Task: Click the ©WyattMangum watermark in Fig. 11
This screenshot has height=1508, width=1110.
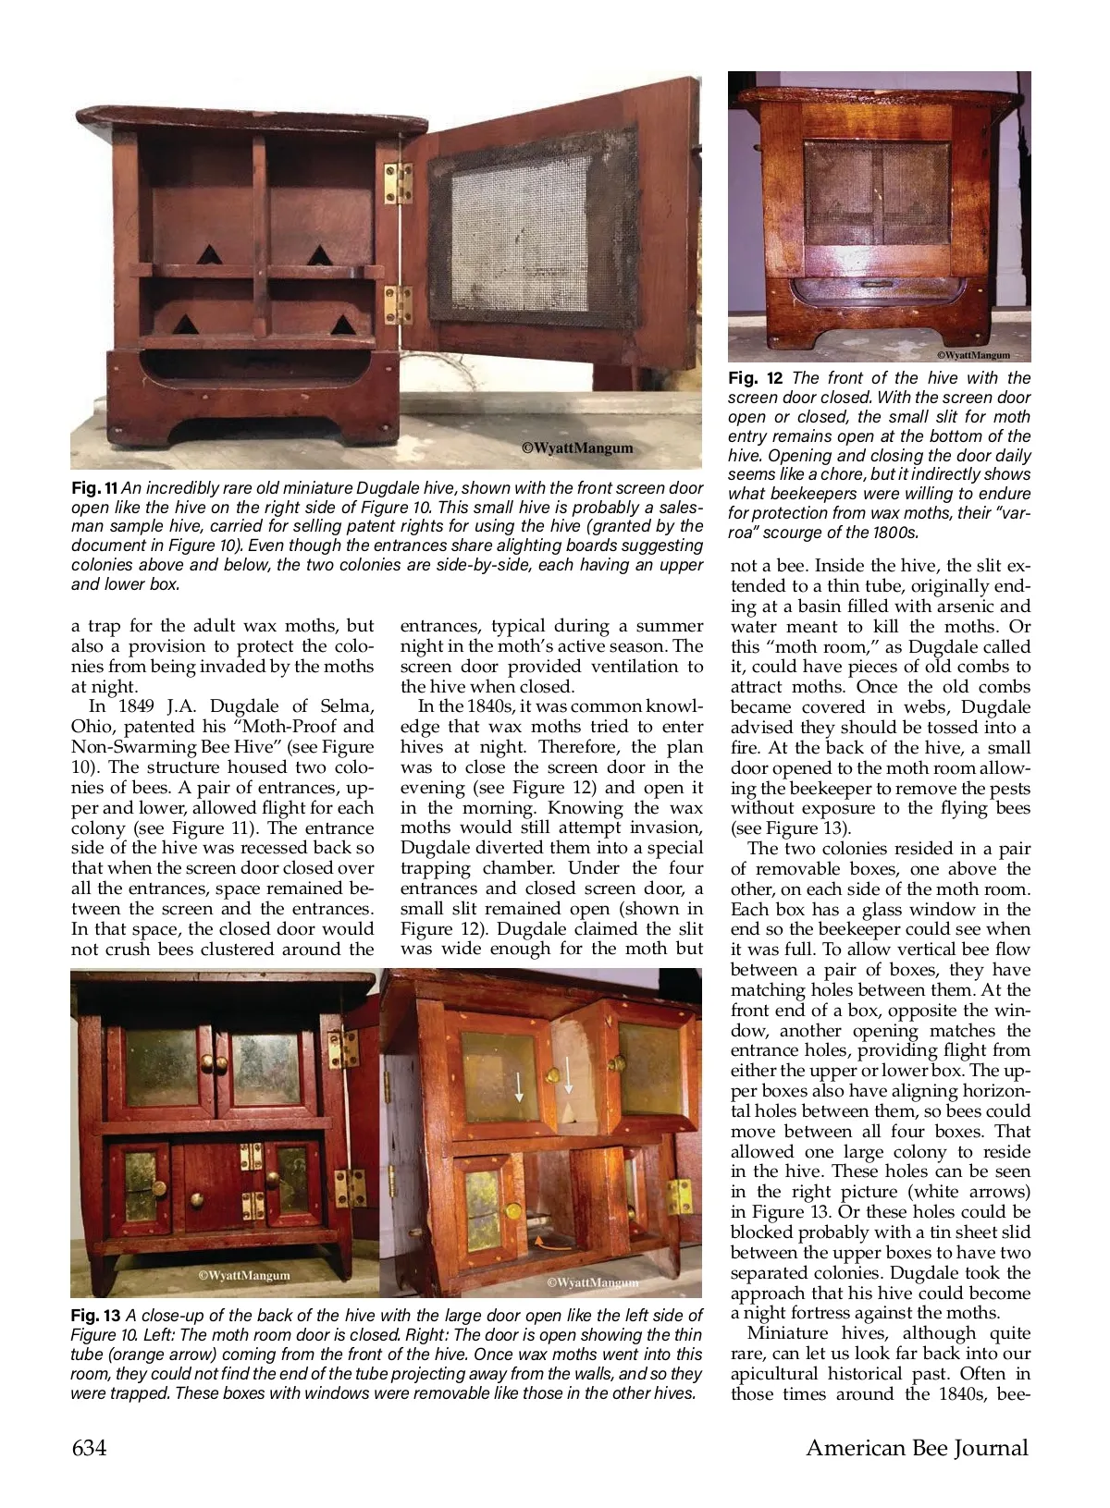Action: coord(578,447)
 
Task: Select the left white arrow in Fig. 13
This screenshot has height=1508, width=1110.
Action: coord(519,1085)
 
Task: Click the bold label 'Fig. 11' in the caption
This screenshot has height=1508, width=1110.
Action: coord(94,487)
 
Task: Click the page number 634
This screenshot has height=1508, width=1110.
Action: coord(89,1448)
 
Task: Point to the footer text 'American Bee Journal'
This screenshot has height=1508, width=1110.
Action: coord(917,1448)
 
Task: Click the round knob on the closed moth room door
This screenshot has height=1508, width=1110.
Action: coord(196,1199)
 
